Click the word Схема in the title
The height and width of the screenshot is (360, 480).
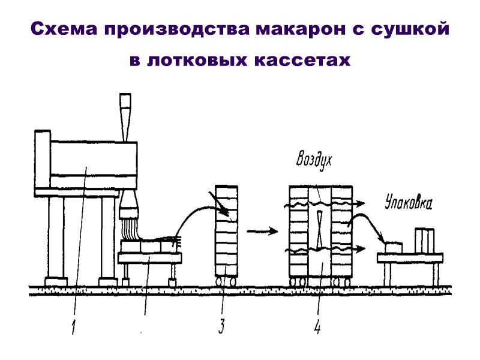[63, 29]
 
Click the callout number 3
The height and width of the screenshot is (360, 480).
[221, 326]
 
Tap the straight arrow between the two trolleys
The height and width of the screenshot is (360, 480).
[262, 230]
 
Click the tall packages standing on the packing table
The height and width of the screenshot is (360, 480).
[427, 239]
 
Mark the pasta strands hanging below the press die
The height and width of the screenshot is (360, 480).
[128, 230]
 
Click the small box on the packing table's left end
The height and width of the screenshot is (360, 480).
[393, 247]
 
